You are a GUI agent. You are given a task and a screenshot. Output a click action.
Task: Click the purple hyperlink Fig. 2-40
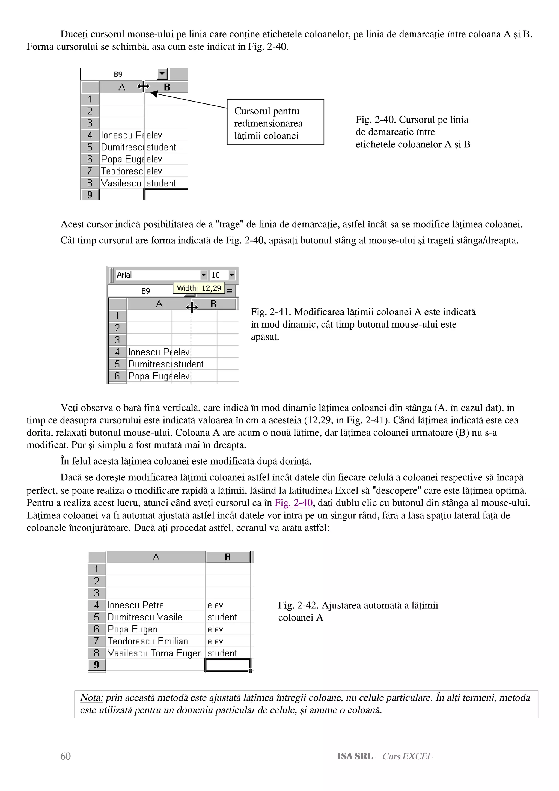click(293, 503)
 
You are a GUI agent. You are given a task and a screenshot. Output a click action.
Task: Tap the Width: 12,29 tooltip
click(199, 288)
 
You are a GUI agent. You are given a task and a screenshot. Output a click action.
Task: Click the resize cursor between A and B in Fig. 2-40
click(143, 87)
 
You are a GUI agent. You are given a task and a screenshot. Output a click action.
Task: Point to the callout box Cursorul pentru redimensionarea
click(275, 123)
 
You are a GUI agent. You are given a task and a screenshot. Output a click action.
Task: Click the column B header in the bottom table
click(228, 557)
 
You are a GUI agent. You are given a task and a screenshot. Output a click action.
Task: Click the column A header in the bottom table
click(156, 557)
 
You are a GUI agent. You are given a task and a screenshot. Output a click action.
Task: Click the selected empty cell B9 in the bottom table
click(228, 665)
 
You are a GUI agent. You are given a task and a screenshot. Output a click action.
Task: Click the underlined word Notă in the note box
click(91, 698)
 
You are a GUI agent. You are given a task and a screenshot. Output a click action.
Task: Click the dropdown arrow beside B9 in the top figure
click(162, 74)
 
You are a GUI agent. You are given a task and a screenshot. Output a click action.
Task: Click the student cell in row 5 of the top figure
click(161, 147)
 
